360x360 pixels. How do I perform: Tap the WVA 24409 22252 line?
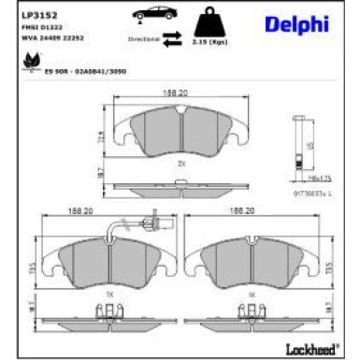pos(45,39)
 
